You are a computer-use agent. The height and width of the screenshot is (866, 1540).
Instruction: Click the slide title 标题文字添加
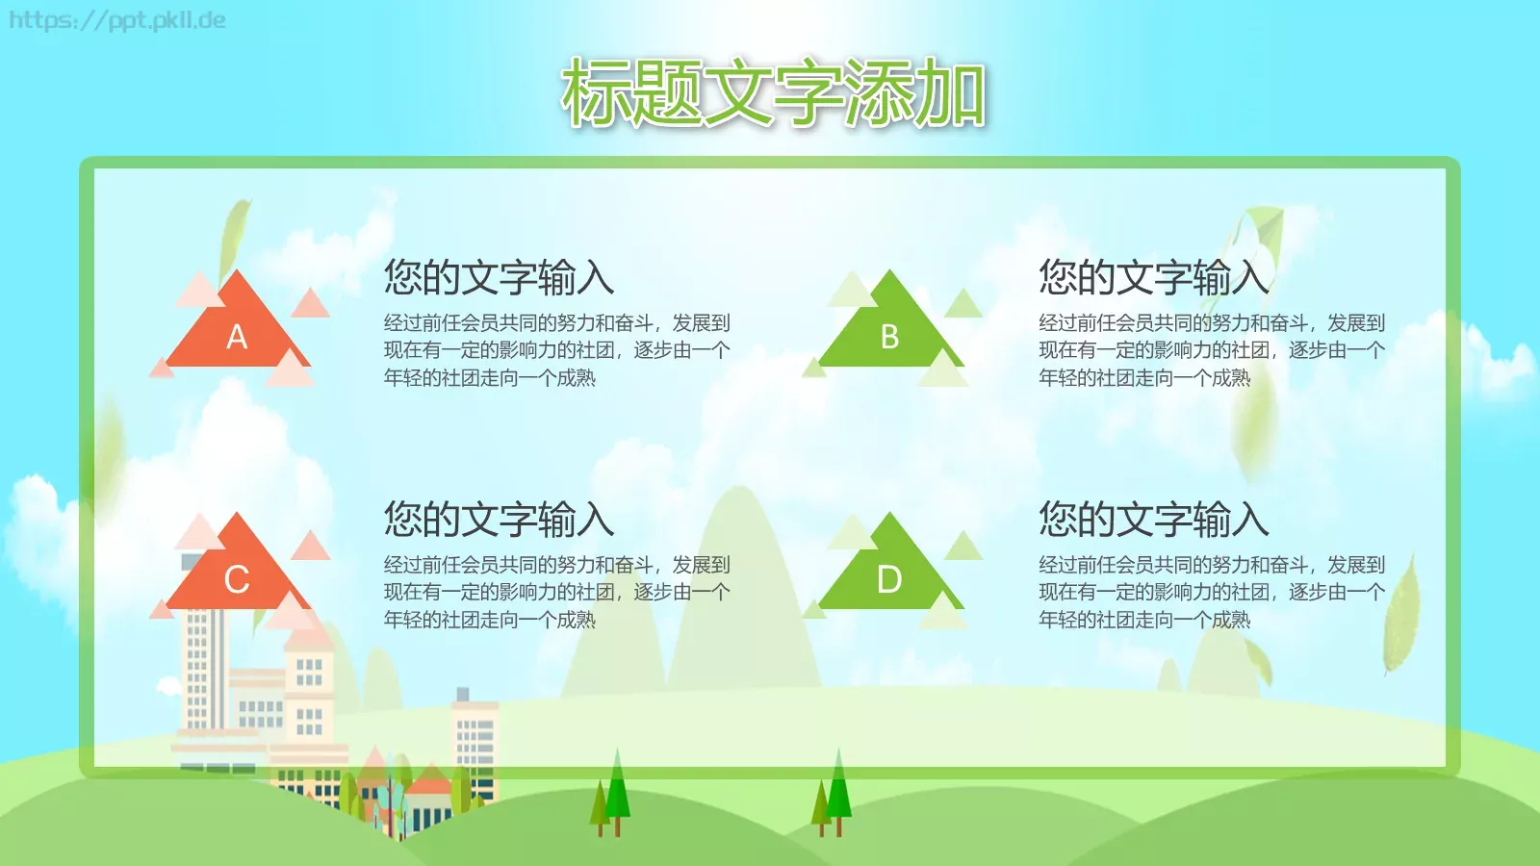773,93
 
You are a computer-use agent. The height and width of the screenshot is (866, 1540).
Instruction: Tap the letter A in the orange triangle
237,337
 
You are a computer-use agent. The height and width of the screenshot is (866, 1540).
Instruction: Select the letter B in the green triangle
889,337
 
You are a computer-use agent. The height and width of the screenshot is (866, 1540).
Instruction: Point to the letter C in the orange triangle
237,579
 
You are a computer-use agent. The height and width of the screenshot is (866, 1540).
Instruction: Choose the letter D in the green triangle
889,579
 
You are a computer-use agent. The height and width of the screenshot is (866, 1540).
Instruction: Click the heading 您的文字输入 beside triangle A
499,277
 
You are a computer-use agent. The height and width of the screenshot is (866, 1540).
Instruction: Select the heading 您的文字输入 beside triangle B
1153,277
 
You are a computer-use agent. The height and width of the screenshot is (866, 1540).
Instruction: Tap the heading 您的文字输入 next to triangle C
499,520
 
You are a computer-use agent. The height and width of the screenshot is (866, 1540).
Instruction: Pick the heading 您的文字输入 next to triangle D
1153,520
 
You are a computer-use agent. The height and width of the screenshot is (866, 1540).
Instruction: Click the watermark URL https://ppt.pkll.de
117,20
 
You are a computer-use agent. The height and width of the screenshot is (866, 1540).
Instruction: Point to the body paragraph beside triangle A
556,350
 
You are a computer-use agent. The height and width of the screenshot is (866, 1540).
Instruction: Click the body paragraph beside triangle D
1211,592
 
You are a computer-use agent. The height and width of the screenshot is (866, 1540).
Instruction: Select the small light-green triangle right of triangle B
963,305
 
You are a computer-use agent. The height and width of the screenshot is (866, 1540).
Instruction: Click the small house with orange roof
429,799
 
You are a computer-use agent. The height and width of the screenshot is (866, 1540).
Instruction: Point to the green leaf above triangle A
233,236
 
